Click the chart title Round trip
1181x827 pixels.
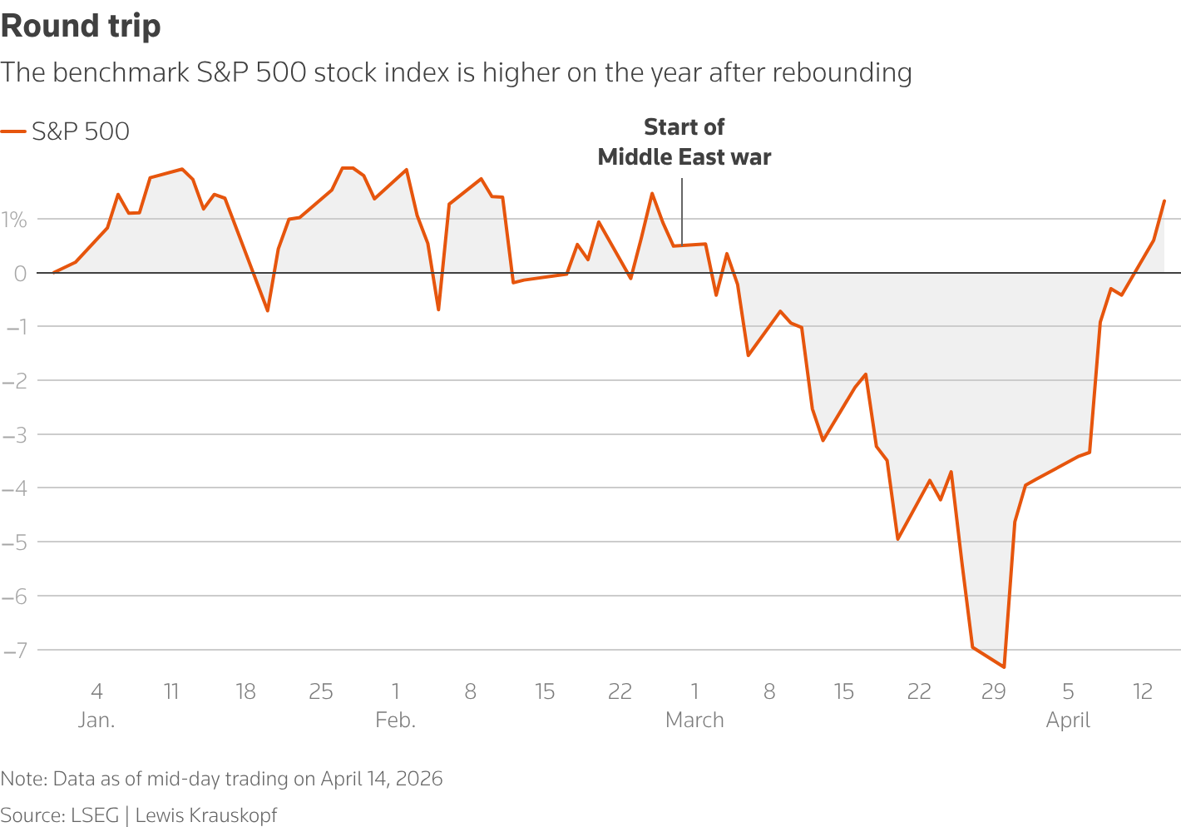pos(81,27)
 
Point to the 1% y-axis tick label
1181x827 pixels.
pos(14,220)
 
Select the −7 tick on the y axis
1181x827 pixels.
pos(14,650)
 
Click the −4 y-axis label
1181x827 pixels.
pos(14,488)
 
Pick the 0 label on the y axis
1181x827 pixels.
pos(20,273)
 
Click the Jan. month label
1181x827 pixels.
pos(96,720)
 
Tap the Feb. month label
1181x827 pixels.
pos(395,720)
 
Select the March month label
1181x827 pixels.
pos(694,720)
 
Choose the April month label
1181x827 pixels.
pos(1068,720)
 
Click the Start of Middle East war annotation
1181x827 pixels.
pos(684,142)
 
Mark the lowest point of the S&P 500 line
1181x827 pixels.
pos(1004,667)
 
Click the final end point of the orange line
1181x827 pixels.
pos(1164,201)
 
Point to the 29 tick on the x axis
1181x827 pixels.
pos(994,691)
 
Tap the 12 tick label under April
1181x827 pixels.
pos(1143,691)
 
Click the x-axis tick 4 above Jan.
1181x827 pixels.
pos(96,691)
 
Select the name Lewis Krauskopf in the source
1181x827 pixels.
pos(206,815)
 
